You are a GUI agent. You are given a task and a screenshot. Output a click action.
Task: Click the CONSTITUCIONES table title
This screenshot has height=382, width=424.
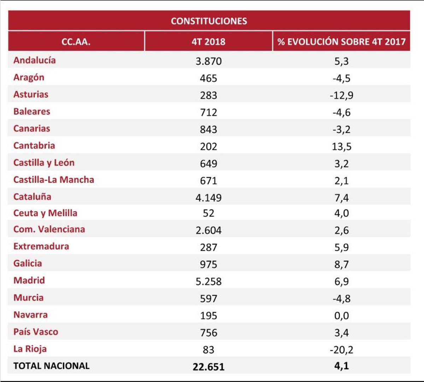(209, 21)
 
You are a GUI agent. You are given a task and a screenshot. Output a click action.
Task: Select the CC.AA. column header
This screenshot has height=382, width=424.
(76, 42)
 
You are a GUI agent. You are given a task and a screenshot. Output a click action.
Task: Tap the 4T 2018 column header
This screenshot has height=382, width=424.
(208, 42)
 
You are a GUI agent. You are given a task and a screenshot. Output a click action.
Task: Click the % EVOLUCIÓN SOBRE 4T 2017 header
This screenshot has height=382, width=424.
(341, 42)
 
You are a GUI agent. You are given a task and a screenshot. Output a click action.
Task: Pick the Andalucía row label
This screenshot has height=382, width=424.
(34, 60)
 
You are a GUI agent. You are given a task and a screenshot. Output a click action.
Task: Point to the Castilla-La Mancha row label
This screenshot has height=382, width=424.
(54, 180)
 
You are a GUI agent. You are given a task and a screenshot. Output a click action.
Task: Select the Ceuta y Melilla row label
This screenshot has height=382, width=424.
(45, 213)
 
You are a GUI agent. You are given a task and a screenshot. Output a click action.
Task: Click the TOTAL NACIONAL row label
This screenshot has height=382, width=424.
(51, 366)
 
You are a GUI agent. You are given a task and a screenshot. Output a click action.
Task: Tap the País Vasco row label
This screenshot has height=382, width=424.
(36, 332)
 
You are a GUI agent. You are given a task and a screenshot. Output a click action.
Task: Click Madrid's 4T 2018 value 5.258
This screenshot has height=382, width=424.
(208, 281)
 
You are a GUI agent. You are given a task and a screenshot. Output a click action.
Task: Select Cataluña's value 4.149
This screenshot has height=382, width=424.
(208, 197)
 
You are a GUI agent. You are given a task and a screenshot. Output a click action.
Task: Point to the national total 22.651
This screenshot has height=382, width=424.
(208, 366)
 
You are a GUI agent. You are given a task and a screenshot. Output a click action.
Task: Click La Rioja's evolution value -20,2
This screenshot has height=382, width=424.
(341, 350)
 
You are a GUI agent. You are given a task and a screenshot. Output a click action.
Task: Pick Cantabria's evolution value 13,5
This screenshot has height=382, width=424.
(341, 146)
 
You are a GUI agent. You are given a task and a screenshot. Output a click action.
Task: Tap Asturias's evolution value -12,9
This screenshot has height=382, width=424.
(341, 95)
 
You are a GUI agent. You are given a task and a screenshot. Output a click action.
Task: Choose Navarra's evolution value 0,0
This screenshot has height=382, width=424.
(341, 316)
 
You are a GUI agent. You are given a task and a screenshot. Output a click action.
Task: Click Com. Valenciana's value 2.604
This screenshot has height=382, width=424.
(208, 230)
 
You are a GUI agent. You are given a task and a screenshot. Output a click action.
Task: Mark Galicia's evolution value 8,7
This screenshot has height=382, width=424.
(341, 264)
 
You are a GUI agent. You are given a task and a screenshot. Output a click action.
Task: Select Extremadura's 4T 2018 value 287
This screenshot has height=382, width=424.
(208, 247)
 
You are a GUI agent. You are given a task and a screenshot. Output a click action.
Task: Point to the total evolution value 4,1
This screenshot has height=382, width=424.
(341, 366)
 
